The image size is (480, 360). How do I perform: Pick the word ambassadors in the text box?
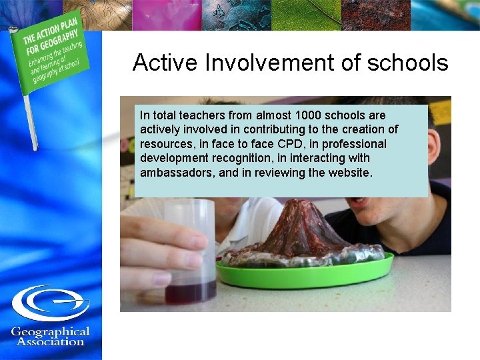[x=173, y=173]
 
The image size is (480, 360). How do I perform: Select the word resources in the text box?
[x=165, y=144]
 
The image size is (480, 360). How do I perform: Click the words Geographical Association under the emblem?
[x=51, y=337]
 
